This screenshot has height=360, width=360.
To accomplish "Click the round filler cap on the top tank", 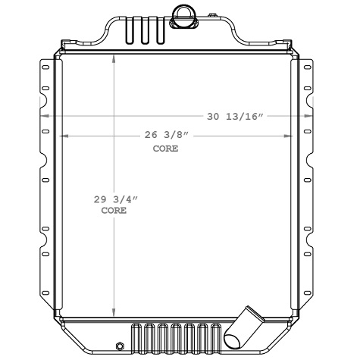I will (184, 13).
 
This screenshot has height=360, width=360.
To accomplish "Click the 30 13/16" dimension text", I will (235, 116).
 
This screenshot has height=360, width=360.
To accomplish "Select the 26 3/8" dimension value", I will (165, 136).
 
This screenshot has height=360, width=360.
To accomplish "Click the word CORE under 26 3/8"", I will (165, 149).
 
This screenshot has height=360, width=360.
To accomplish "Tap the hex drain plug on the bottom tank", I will (118, 347).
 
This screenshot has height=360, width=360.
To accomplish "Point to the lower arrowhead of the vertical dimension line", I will (114, 313).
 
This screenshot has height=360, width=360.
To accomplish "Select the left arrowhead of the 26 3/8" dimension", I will (62, 136).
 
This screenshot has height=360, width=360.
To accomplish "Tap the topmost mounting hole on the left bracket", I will (45, 69).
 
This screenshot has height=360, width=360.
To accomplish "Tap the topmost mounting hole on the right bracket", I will (307, 69).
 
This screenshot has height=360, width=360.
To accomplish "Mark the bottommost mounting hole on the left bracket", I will (45, 291).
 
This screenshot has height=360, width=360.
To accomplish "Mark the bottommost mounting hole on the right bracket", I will (307, 291).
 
